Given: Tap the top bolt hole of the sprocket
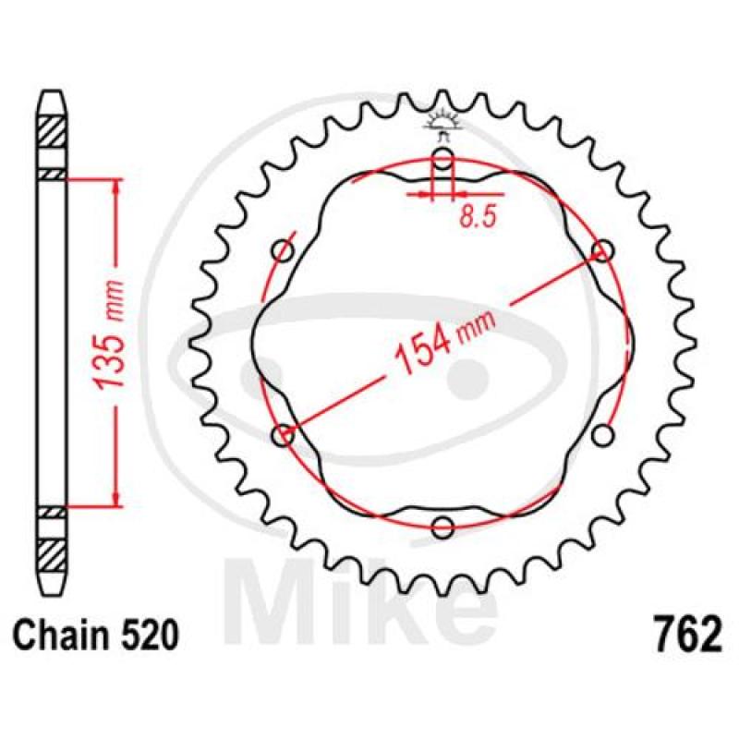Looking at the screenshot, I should [443, 162].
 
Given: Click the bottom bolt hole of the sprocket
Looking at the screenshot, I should [443, 527].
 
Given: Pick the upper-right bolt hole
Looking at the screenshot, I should [603, 251].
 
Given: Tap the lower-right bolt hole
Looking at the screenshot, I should [603, 433].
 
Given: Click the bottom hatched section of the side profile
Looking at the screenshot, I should [52, 552].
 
